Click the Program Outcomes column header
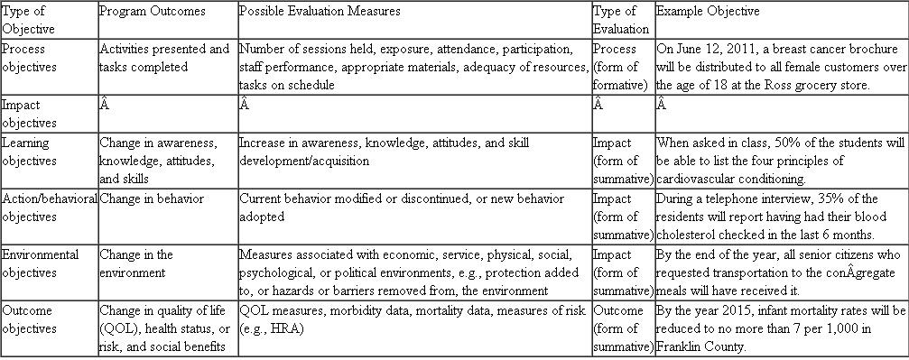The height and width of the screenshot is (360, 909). [153, 12]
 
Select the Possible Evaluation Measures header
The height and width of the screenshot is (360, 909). [320, 12]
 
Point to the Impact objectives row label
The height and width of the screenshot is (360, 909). [30, 114]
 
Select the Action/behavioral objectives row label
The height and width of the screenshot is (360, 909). [49, 208]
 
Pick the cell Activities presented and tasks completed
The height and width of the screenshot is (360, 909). [165, 58]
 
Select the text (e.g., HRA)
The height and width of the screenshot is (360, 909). [273, 328]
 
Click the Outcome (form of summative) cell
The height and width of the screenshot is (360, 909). [622, 328]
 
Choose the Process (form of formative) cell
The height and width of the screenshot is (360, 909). [622, 67]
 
